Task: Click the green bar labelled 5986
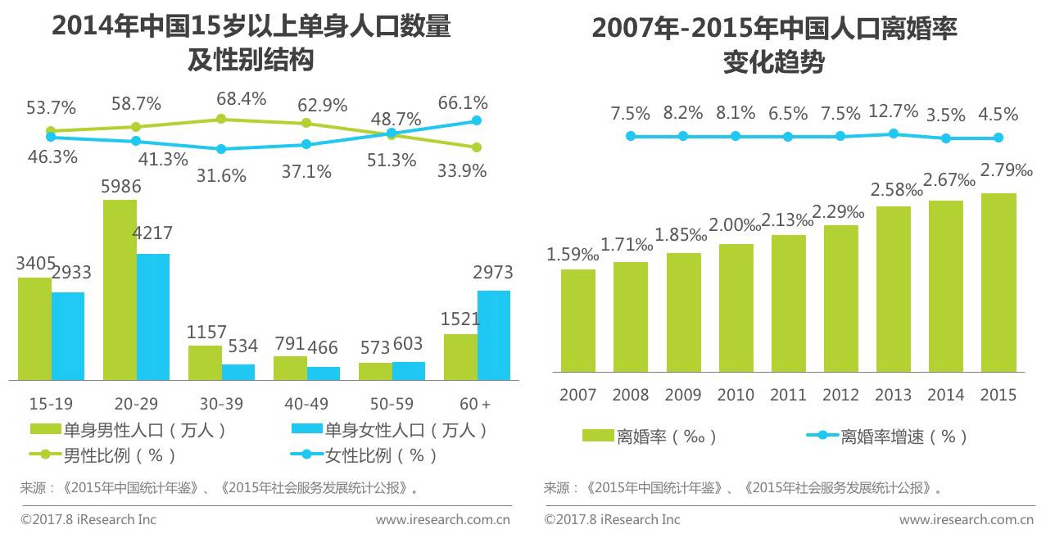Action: point(120,290)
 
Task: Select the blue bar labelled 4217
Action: point(153,317)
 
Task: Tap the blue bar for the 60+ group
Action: point(493,335)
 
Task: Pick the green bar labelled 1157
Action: point(205,363)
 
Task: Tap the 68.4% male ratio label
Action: point(241,99)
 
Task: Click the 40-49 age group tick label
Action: point(306,404)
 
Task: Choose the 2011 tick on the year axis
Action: point(788,395)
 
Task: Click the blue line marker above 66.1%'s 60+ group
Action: point(476,121)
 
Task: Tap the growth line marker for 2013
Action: point(894,133)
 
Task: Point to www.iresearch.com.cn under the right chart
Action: point(966,519)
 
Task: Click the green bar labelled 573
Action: point(375,371)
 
